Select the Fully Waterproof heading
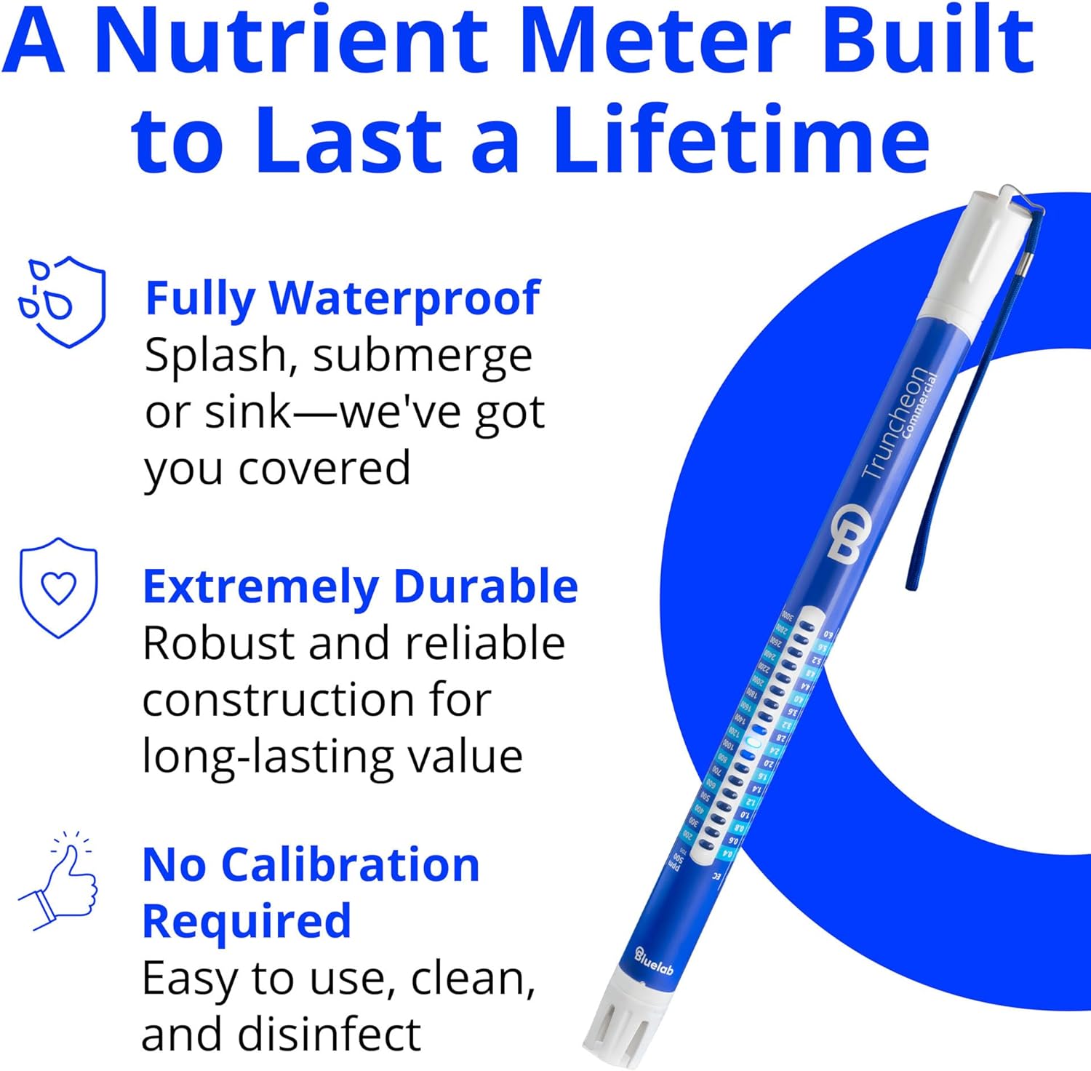(342, 298)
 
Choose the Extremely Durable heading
(360, 586)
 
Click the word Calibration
(350, 866)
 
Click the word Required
(247, 923)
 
